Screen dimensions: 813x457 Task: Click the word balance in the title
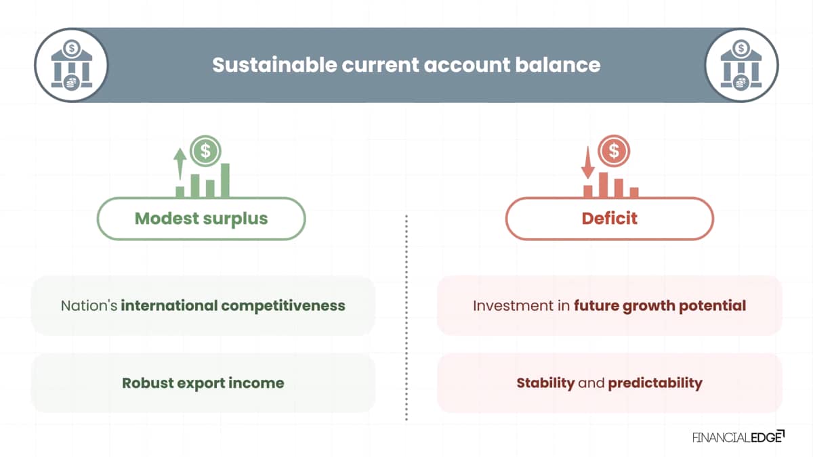pyautogui.click(x=558, y=65)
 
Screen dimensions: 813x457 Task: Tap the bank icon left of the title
pyautogui.click(x=72, y=65)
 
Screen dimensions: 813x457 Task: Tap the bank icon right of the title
pyautogui.click(x=741, y=65)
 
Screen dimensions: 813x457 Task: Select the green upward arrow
pyautogui.click(x=180, y=164)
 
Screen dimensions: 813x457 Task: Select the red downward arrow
pyautogui.click(x=587, y=162)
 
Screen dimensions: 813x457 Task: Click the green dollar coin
pyautogui.click(x=205, y=150)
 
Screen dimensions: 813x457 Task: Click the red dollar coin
pyautogui.click(x=614, y=150)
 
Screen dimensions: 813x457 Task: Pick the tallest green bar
pyautogui.click(x=225, y=180)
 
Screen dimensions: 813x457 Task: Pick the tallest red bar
pyautogui.click(x=603, y=185)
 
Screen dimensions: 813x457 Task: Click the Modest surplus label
pyautogui.click(x=201, y=218)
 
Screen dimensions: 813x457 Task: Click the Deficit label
pyautogui.click(x=609, y=218)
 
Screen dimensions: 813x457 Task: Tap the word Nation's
pyautogui.click(x=89, y=305)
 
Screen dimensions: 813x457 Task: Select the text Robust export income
pyautogui.click(x=203, y=383)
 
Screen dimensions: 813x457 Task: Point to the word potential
pyautogui.click(x=713, y=306)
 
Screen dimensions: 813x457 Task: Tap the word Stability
pyautogui.click(x=545, y=383)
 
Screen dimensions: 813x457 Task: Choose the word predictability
pyautogui.click(x=655, y=383)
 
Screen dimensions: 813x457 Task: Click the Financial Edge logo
pyautogui.click(x=738, y=437)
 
